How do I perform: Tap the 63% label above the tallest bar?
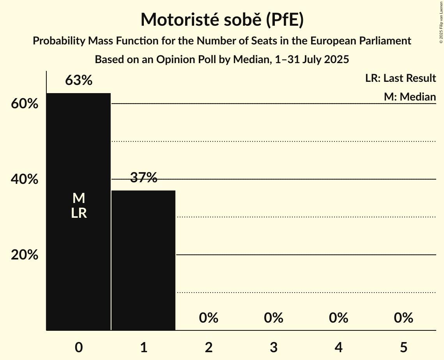click(79, 80)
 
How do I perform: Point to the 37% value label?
click(143, 178)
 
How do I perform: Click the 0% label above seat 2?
click(209, 318)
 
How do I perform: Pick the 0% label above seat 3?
click(274, 318)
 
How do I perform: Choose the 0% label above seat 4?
click(338, 318)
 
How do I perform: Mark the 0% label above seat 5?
click(403, 318)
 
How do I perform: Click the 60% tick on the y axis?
click(24, 104)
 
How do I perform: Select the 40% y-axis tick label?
click(24, 180)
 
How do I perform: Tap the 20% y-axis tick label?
click(24, 255)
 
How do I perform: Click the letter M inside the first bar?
click(79, 198)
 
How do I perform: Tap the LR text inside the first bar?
click(79, 213)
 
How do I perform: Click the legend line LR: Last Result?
click(400, 78)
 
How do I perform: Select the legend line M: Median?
click(410, 97)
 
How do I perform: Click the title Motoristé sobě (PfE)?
click(222, 19)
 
